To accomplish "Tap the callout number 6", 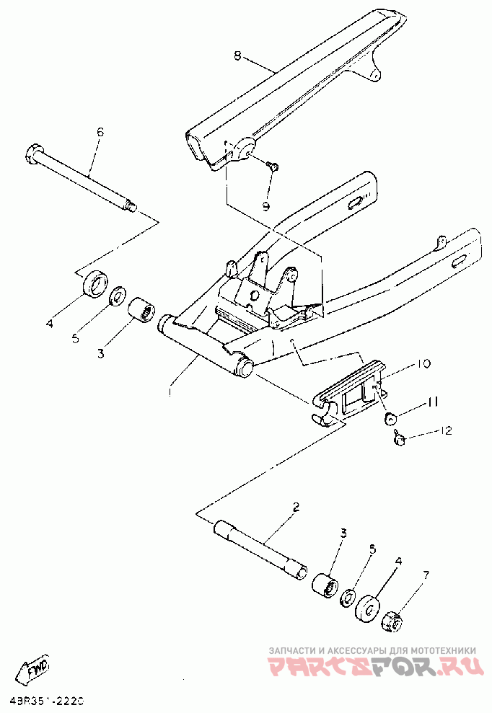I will pyautogui.click(x=100, y=131).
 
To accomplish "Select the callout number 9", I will pyautogui.click(x=265, y=206).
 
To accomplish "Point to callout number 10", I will pyautogui.click(x=423, y=364).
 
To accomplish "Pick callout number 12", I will pyautogui.click(x=446, y=431).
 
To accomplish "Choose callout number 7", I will pyautogui.click(x=426, y=575).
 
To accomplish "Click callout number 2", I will pyautogui.click(x=296, y=507).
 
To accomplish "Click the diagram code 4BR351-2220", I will pyautogui.click(x=47, y=700).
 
